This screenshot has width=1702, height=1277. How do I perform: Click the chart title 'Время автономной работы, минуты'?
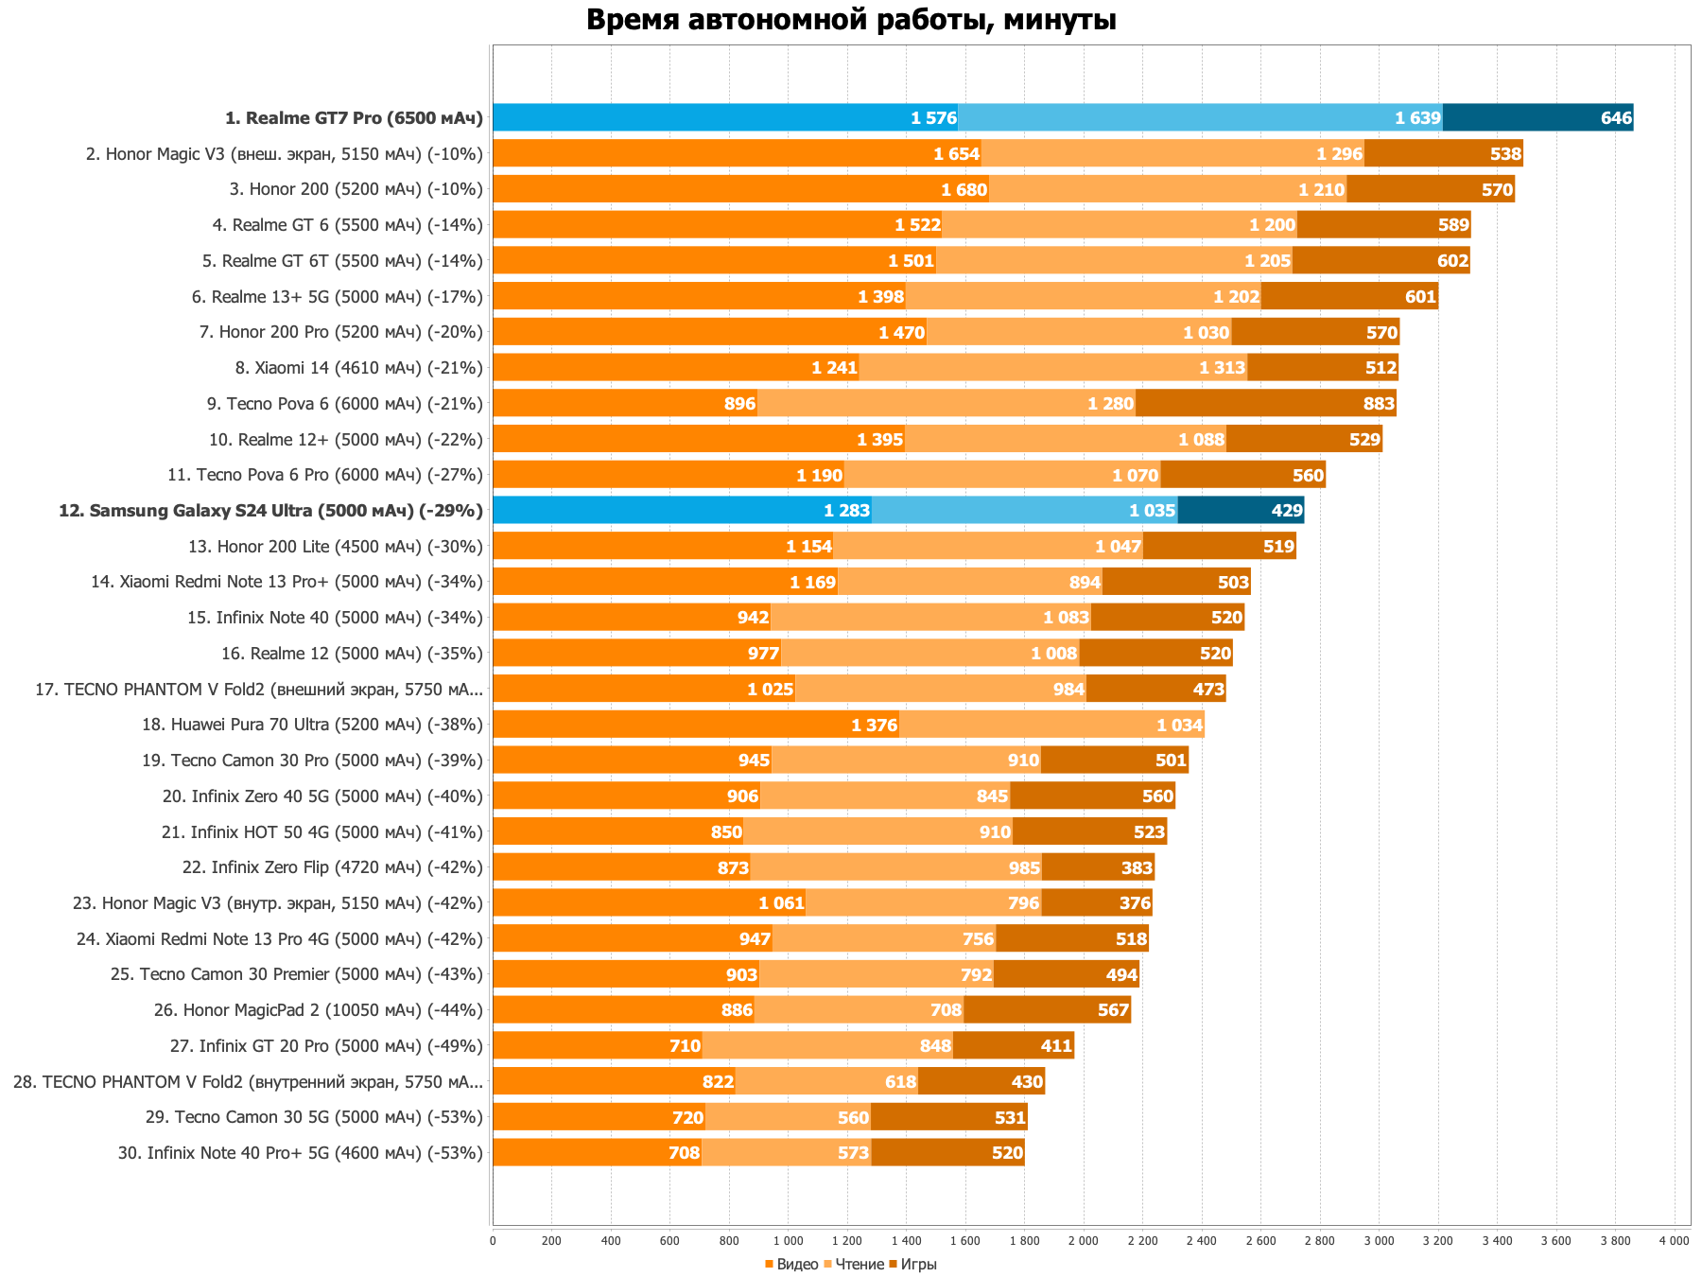851,20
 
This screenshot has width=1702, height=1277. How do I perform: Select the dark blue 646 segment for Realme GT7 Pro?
1537,117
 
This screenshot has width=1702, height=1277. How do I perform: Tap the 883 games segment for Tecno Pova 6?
1265,403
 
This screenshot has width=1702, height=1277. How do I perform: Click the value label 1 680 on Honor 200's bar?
964,190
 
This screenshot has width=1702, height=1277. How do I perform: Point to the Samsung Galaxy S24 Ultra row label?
270,511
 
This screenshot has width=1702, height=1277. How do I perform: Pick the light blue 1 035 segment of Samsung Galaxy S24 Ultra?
1024,510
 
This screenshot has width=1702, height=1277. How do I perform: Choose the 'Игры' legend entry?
918,1265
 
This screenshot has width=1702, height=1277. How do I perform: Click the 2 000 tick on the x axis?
1084,1240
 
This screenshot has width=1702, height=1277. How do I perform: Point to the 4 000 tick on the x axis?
1674,1240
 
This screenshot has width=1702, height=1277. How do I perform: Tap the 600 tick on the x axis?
669,1240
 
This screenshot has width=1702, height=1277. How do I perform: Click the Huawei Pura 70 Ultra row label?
312,725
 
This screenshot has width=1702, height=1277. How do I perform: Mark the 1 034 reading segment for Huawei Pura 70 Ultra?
1051,725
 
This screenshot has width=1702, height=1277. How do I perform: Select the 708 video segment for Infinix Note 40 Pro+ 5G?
597,1152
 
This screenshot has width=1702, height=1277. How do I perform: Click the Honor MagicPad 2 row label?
318,1010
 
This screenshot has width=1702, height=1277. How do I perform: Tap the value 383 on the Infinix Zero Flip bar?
1137,868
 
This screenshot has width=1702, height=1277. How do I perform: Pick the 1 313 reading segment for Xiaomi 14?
1052,367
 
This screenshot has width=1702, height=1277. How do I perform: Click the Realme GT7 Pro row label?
354,118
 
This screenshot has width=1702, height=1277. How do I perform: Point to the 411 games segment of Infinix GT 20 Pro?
1014,1045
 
